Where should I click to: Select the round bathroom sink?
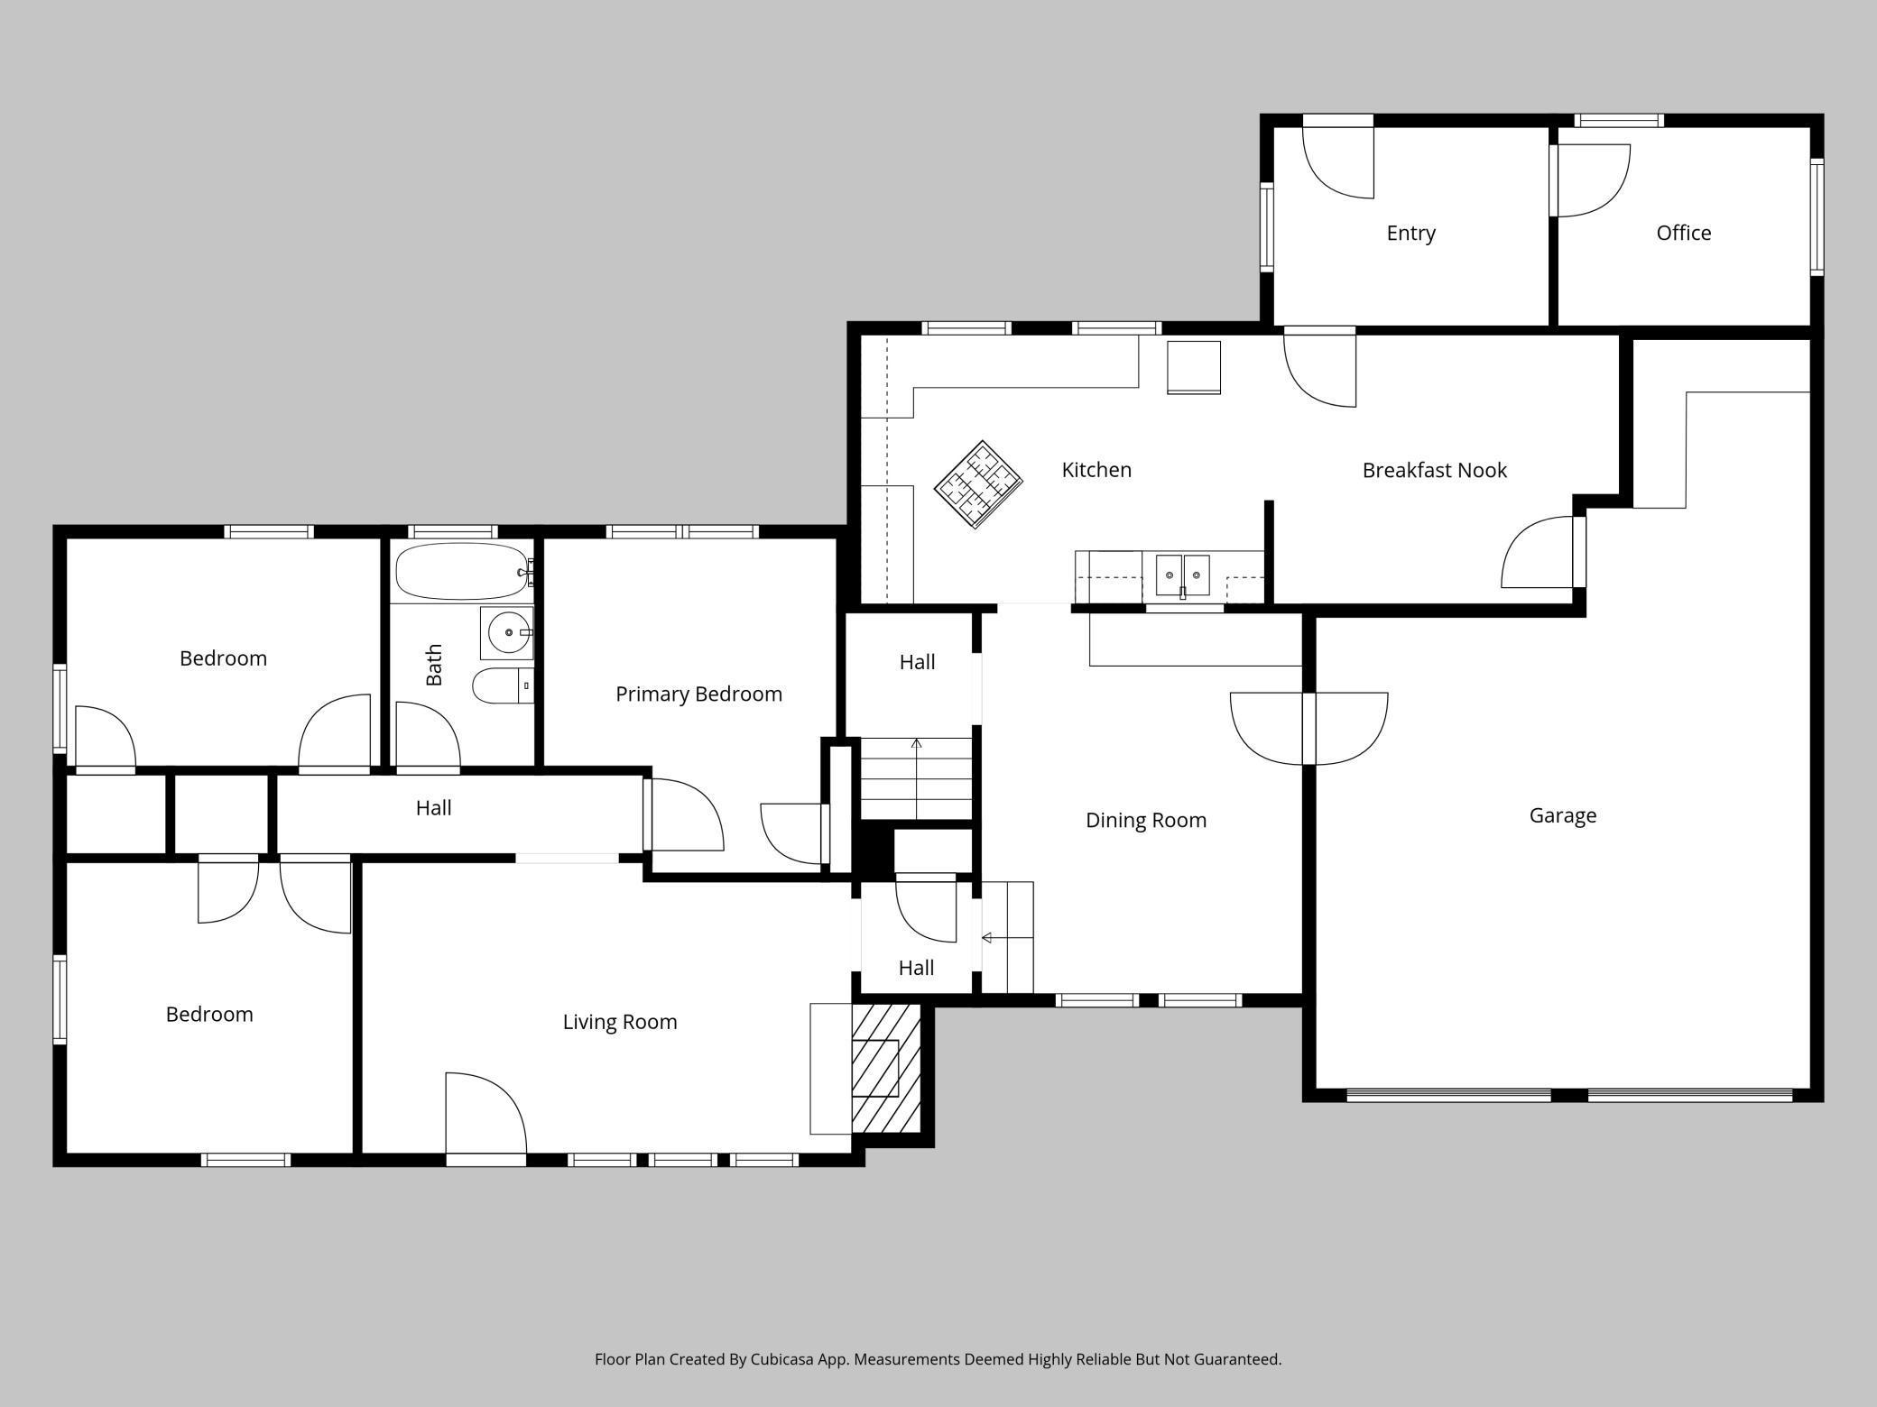coord(507,632)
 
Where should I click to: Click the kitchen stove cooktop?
coord(977,484)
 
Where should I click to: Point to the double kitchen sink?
coord(1183,575)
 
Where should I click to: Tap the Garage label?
coord(1563,815)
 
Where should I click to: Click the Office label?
coord(1684,233)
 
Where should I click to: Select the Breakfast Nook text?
coord(1435,470)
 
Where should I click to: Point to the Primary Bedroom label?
coord(698,694)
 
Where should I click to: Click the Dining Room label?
coord(1146,820)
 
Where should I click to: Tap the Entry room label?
coord(1410,233)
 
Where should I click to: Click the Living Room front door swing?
coord(486,1115)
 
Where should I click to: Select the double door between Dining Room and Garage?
coord(1308,729)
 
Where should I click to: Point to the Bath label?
coord(434,665)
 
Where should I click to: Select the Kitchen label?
coord(1096,470)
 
